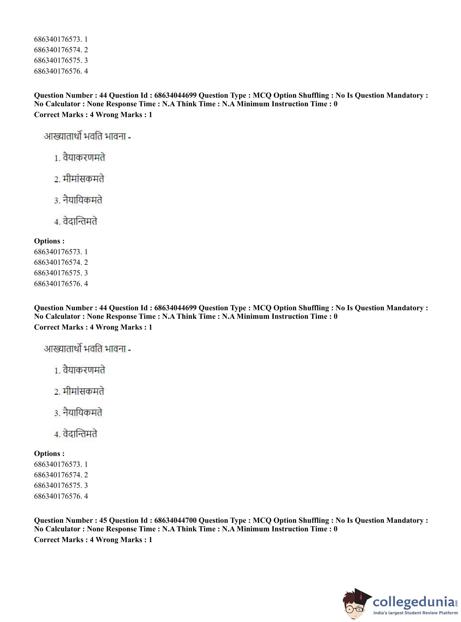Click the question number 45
(x=103, y=520)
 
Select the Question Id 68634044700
(x=175, y=520)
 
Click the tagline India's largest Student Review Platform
(x=416, y=613)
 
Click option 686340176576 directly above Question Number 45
(x=61, y=496)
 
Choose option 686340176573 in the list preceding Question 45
(x=61, y=464)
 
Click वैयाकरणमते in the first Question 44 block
(x=84, y=158)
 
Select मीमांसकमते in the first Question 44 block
(x=83, y=179)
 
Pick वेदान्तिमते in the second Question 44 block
(x=80, y=434)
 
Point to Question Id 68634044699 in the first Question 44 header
(x=175, y=95)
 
